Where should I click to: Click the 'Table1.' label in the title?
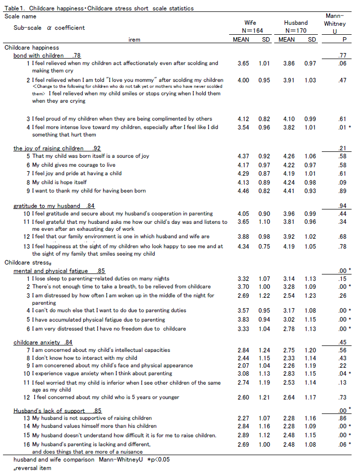pyautogui.click(x=13, y=8)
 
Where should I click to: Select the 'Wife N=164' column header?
pyautogui.click(x=250, y=27)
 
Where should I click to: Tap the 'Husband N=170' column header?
pyautogui.click(x=296, y=27)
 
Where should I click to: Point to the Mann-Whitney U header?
pyautogui.click(x=335, y=23)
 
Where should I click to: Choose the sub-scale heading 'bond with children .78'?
pyautogui.click(x=47, y=56)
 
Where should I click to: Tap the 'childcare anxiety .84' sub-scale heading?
pyautogui.click(x=44, y=342)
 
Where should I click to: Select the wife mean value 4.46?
pyautogui.click(x=243, y=191)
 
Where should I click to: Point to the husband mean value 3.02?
pyautogui.click(x=290, y=320)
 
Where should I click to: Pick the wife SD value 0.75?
pyautogui.click(x=265, y=247)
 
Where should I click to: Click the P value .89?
pyautogui.click(x=343, y=191)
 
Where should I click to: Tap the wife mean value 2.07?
pyautogui.click(x=243, y=366)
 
